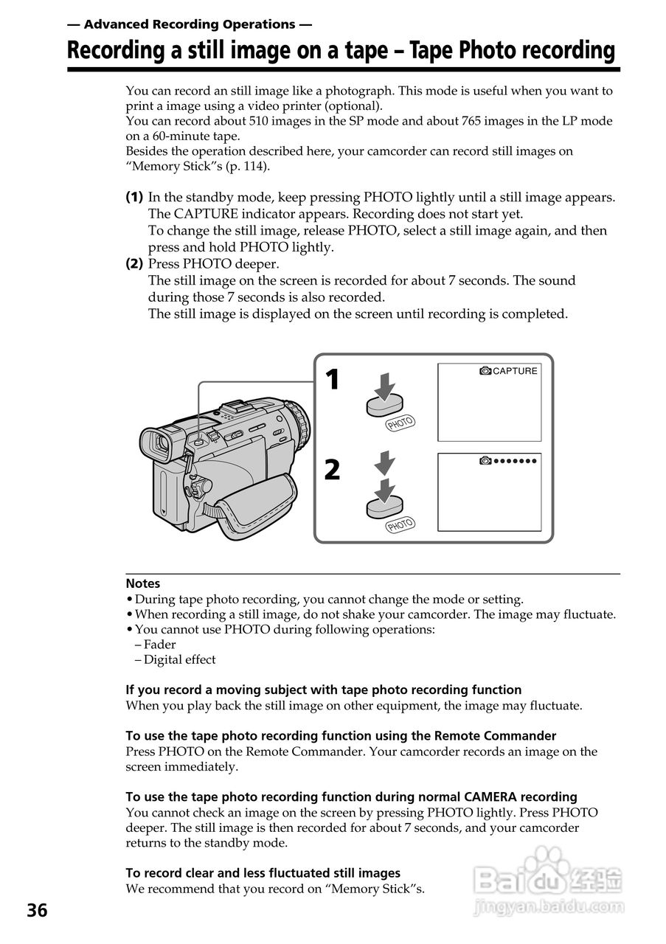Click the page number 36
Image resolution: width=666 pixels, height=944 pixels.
click(x=37, y=911)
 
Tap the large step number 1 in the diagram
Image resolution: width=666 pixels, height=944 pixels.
click(x=333, y=380)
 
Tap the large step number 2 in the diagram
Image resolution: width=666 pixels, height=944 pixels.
click(x=333, y=470)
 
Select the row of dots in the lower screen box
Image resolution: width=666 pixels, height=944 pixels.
click(x=514, y=461)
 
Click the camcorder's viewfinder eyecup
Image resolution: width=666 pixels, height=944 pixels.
click(x=158, y=443)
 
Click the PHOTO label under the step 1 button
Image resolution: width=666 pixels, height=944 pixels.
click(x=400, y=423)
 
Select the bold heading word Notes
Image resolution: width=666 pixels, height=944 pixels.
click(x=142, y=583)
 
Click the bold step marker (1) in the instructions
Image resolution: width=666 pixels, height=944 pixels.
click(x=134, y=198)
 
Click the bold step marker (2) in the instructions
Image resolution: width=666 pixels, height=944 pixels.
click(x=134, y=264)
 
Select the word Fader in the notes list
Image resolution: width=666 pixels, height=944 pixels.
click(x=159, y=645)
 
